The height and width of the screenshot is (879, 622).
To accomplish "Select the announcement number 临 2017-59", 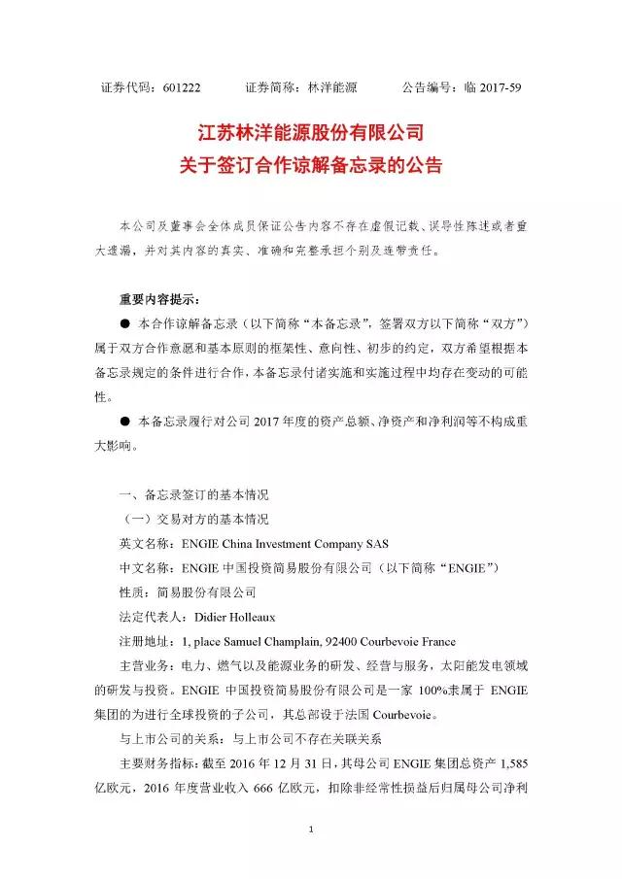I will (489, 86).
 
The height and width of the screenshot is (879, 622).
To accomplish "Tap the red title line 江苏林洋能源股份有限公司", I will (311, 132).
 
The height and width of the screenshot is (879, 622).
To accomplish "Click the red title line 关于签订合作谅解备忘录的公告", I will (311, 165).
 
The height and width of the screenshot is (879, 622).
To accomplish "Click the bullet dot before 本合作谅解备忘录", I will (124, 321).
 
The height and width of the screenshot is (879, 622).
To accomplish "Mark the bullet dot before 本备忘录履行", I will (124, 423).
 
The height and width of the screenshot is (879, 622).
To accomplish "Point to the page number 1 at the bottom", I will (310, 829).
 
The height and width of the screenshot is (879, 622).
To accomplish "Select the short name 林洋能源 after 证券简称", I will (331, 86).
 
